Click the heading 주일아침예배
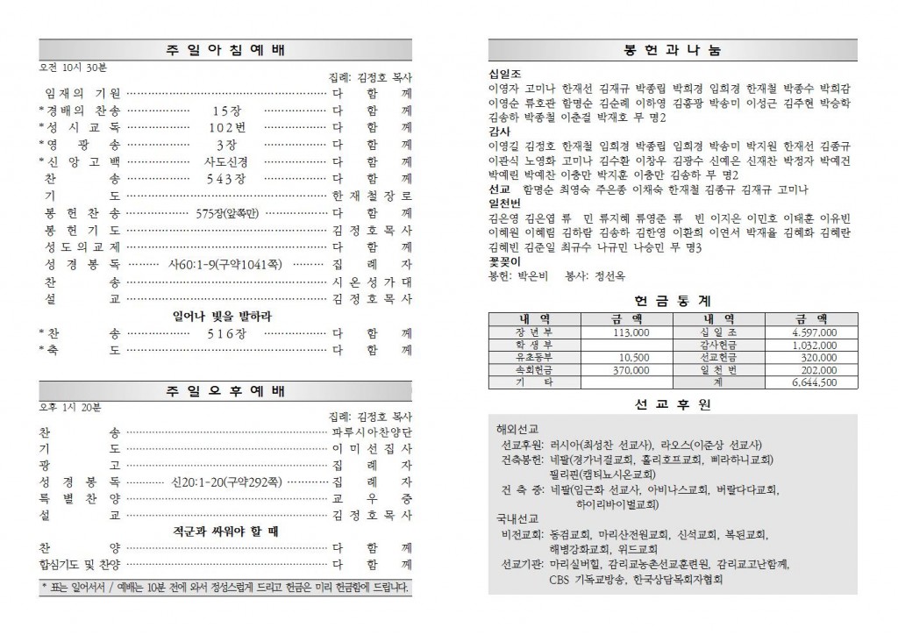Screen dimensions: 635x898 pyautogui.click(x=225, y=50)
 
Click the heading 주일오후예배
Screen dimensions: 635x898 pyautogui.click(x=225, y=390)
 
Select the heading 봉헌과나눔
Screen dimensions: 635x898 pyautogui.click(x=673, y=51)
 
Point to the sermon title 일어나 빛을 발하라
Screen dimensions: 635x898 pyautogui.click(x=225, y=316)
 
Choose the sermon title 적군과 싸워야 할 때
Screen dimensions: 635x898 pyautogui.click(x=225, y=532)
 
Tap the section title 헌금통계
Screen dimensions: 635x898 pyautogui.click(x=672, y=300)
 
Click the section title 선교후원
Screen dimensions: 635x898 pyautogui.click(x=672, y=404)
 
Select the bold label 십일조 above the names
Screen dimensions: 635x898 pyautogui.click(x=504, y=75)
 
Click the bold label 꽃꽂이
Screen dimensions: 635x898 pyautogui.click(x=504, y=262)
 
